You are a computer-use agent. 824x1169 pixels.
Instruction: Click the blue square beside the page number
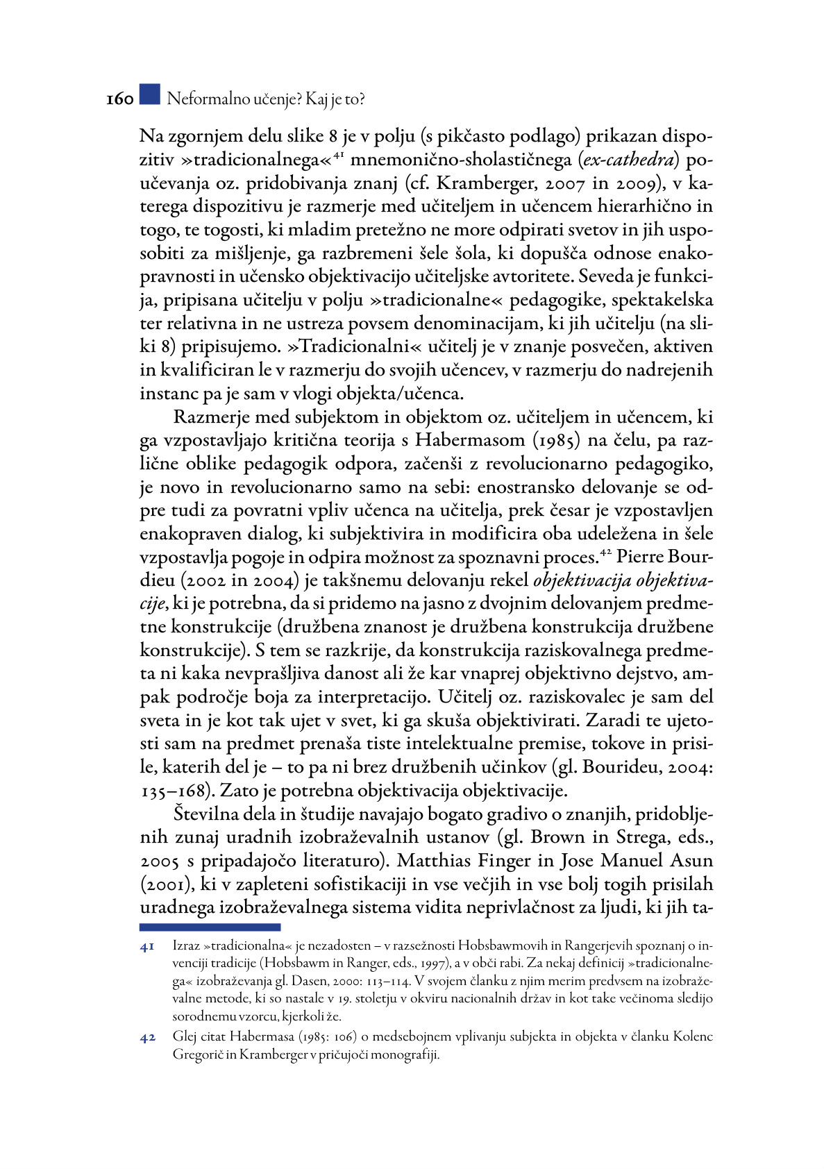point(149,95)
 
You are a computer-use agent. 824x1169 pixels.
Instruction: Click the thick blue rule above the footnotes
point(210,927)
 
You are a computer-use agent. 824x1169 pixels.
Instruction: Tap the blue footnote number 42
point(147,1038)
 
